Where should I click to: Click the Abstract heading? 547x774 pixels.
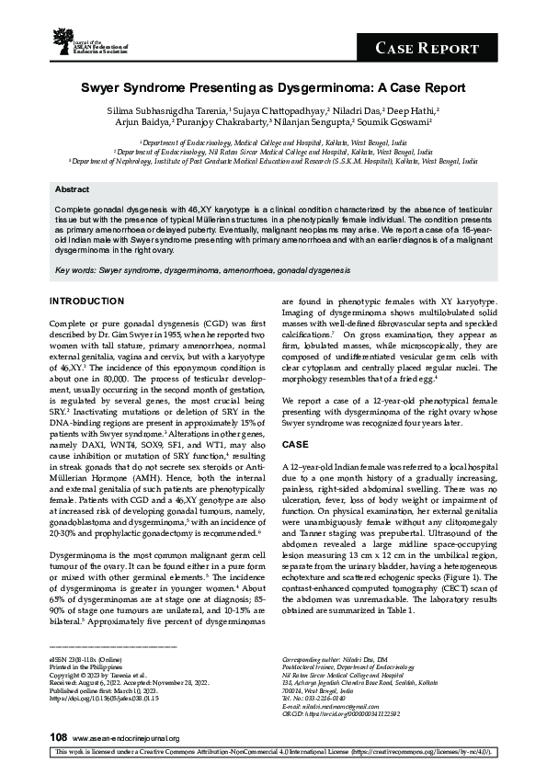(x=72, y=188)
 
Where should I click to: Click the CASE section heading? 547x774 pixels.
(x=296, y=442)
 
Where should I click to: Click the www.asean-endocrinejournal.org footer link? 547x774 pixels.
(x=125, y=737)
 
